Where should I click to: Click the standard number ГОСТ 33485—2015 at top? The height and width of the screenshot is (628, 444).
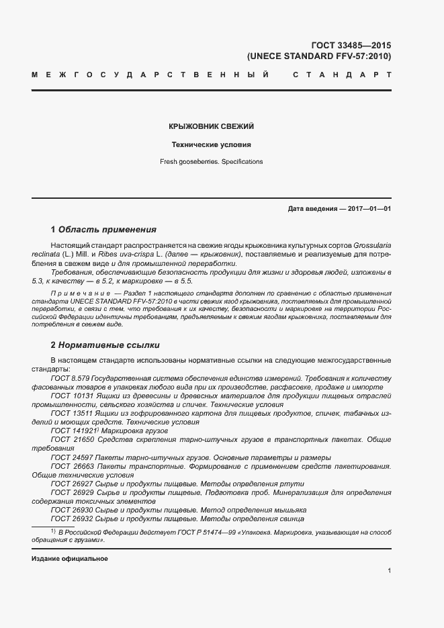351,46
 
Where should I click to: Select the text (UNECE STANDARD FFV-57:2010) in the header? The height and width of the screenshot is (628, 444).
319,56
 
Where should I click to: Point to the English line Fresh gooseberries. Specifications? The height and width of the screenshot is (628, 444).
212,161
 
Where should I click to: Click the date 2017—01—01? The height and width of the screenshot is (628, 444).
369,209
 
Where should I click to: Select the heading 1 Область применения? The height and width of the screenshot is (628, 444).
103,230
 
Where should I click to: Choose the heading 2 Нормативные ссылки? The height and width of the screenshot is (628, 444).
105,345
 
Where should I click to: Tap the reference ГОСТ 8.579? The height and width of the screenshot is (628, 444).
70,379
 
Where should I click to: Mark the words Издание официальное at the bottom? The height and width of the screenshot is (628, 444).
70,559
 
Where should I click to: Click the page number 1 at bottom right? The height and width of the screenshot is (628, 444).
389,571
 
